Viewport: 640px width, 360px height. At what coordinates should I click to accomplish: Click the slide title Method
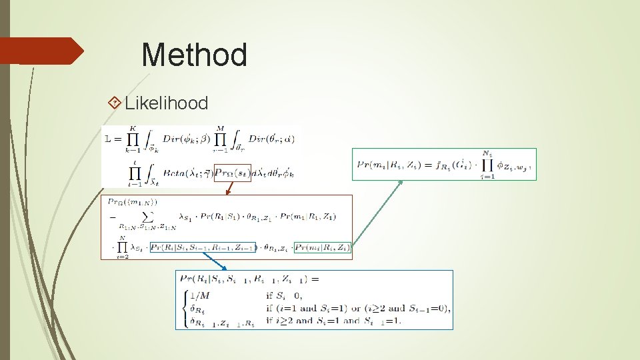pyautogui.click(x=194, y=55)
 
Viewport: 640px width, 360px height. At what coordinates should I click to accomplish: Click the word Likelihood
pyautogui.click(x=166, y=103)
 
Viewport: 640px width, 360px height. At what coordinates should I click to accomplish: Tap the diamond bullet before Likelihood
pyautogui.click(x=115, y=103)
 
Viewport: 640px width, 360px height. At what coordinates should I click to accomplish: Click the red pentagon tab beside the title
pyautogui.click(x=40, y=51)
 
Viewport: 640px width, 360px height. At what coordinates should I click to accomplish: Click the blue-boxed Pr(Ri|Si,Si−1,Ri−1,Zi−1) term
pyautogui.click(x=203, y=247)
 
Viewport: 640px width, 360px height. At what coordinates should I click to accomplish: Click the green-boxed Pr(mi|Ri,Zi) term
pyautogui.click(x=323, y=247)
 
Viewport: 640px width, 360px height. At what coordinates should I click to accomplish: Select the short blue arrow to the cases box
pyautogui.click(x=215, y=262)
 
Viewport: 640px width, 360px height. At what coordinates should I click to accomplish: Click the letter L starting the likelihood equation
pyautogui.click(x=109, y=139)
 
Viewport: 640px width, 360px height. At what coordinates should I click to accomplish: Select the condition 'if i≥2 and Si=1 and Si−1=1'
pyautogui.click(x=331, y=321)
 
